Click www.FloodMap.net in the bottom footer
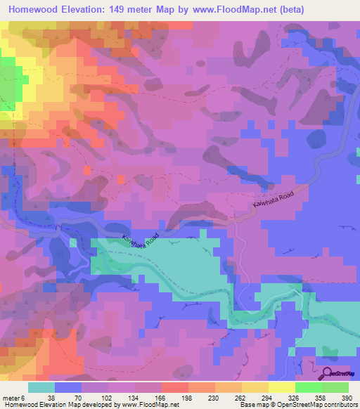pyautogui.click(x=150, y=405)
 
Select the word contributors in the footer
pyautogui.click(x=339, y=405)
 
